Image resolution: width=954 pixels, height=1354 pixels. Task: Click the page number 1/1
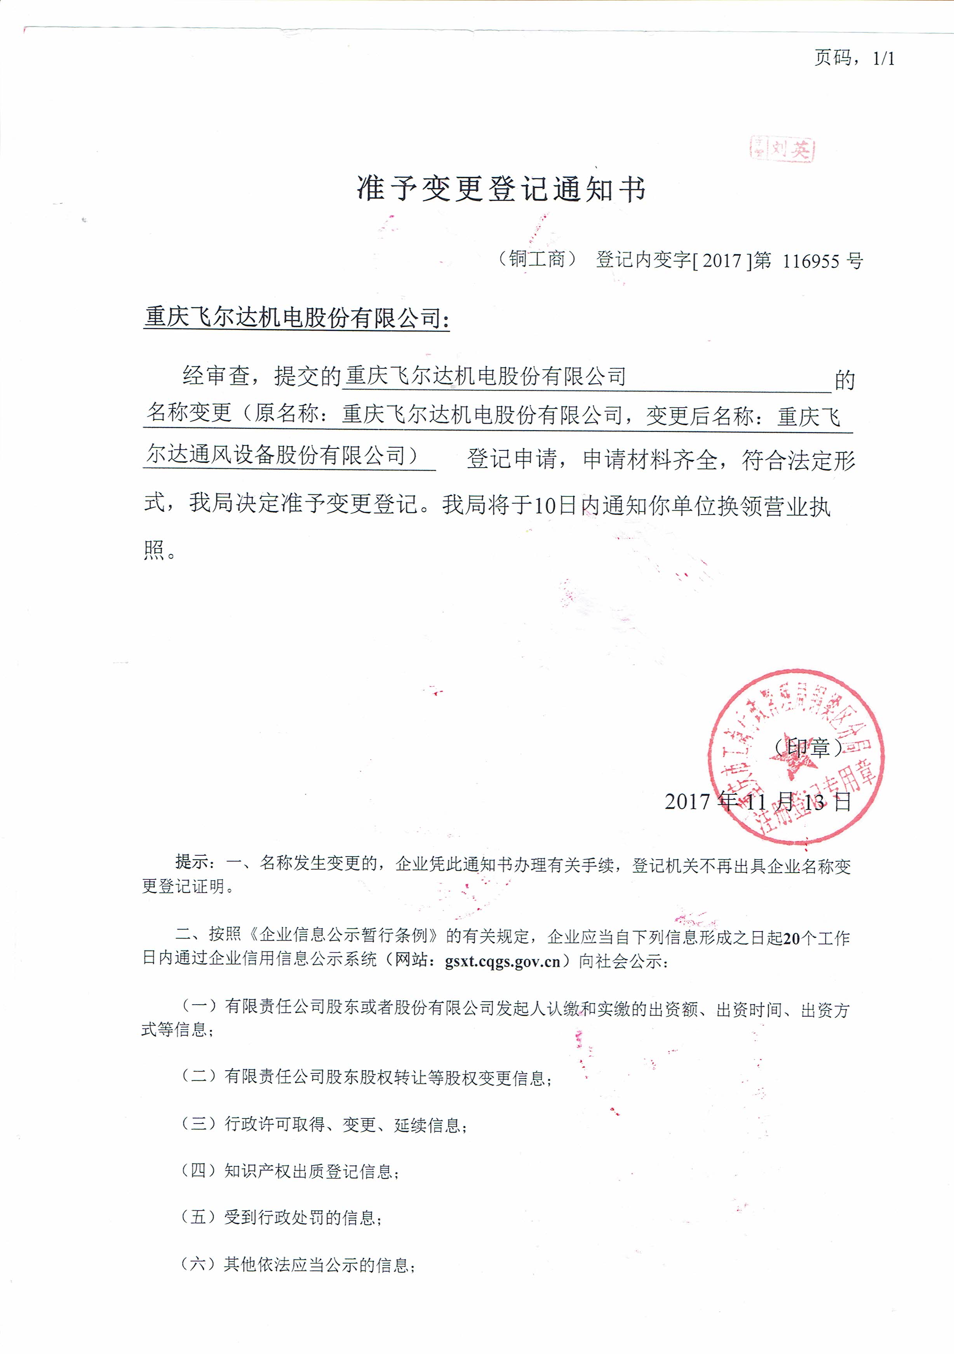[883, 58]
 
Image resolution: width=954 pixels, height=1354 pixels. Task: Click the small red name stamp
[782, 149]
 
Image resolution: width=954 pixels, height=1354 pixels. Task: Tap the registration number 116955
[811, 261]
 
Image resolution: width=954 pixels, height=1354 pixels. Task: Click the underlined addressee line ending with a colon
[296, 318]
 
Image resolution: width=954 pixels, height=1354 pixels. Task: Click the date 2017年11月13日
[758, 801]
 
